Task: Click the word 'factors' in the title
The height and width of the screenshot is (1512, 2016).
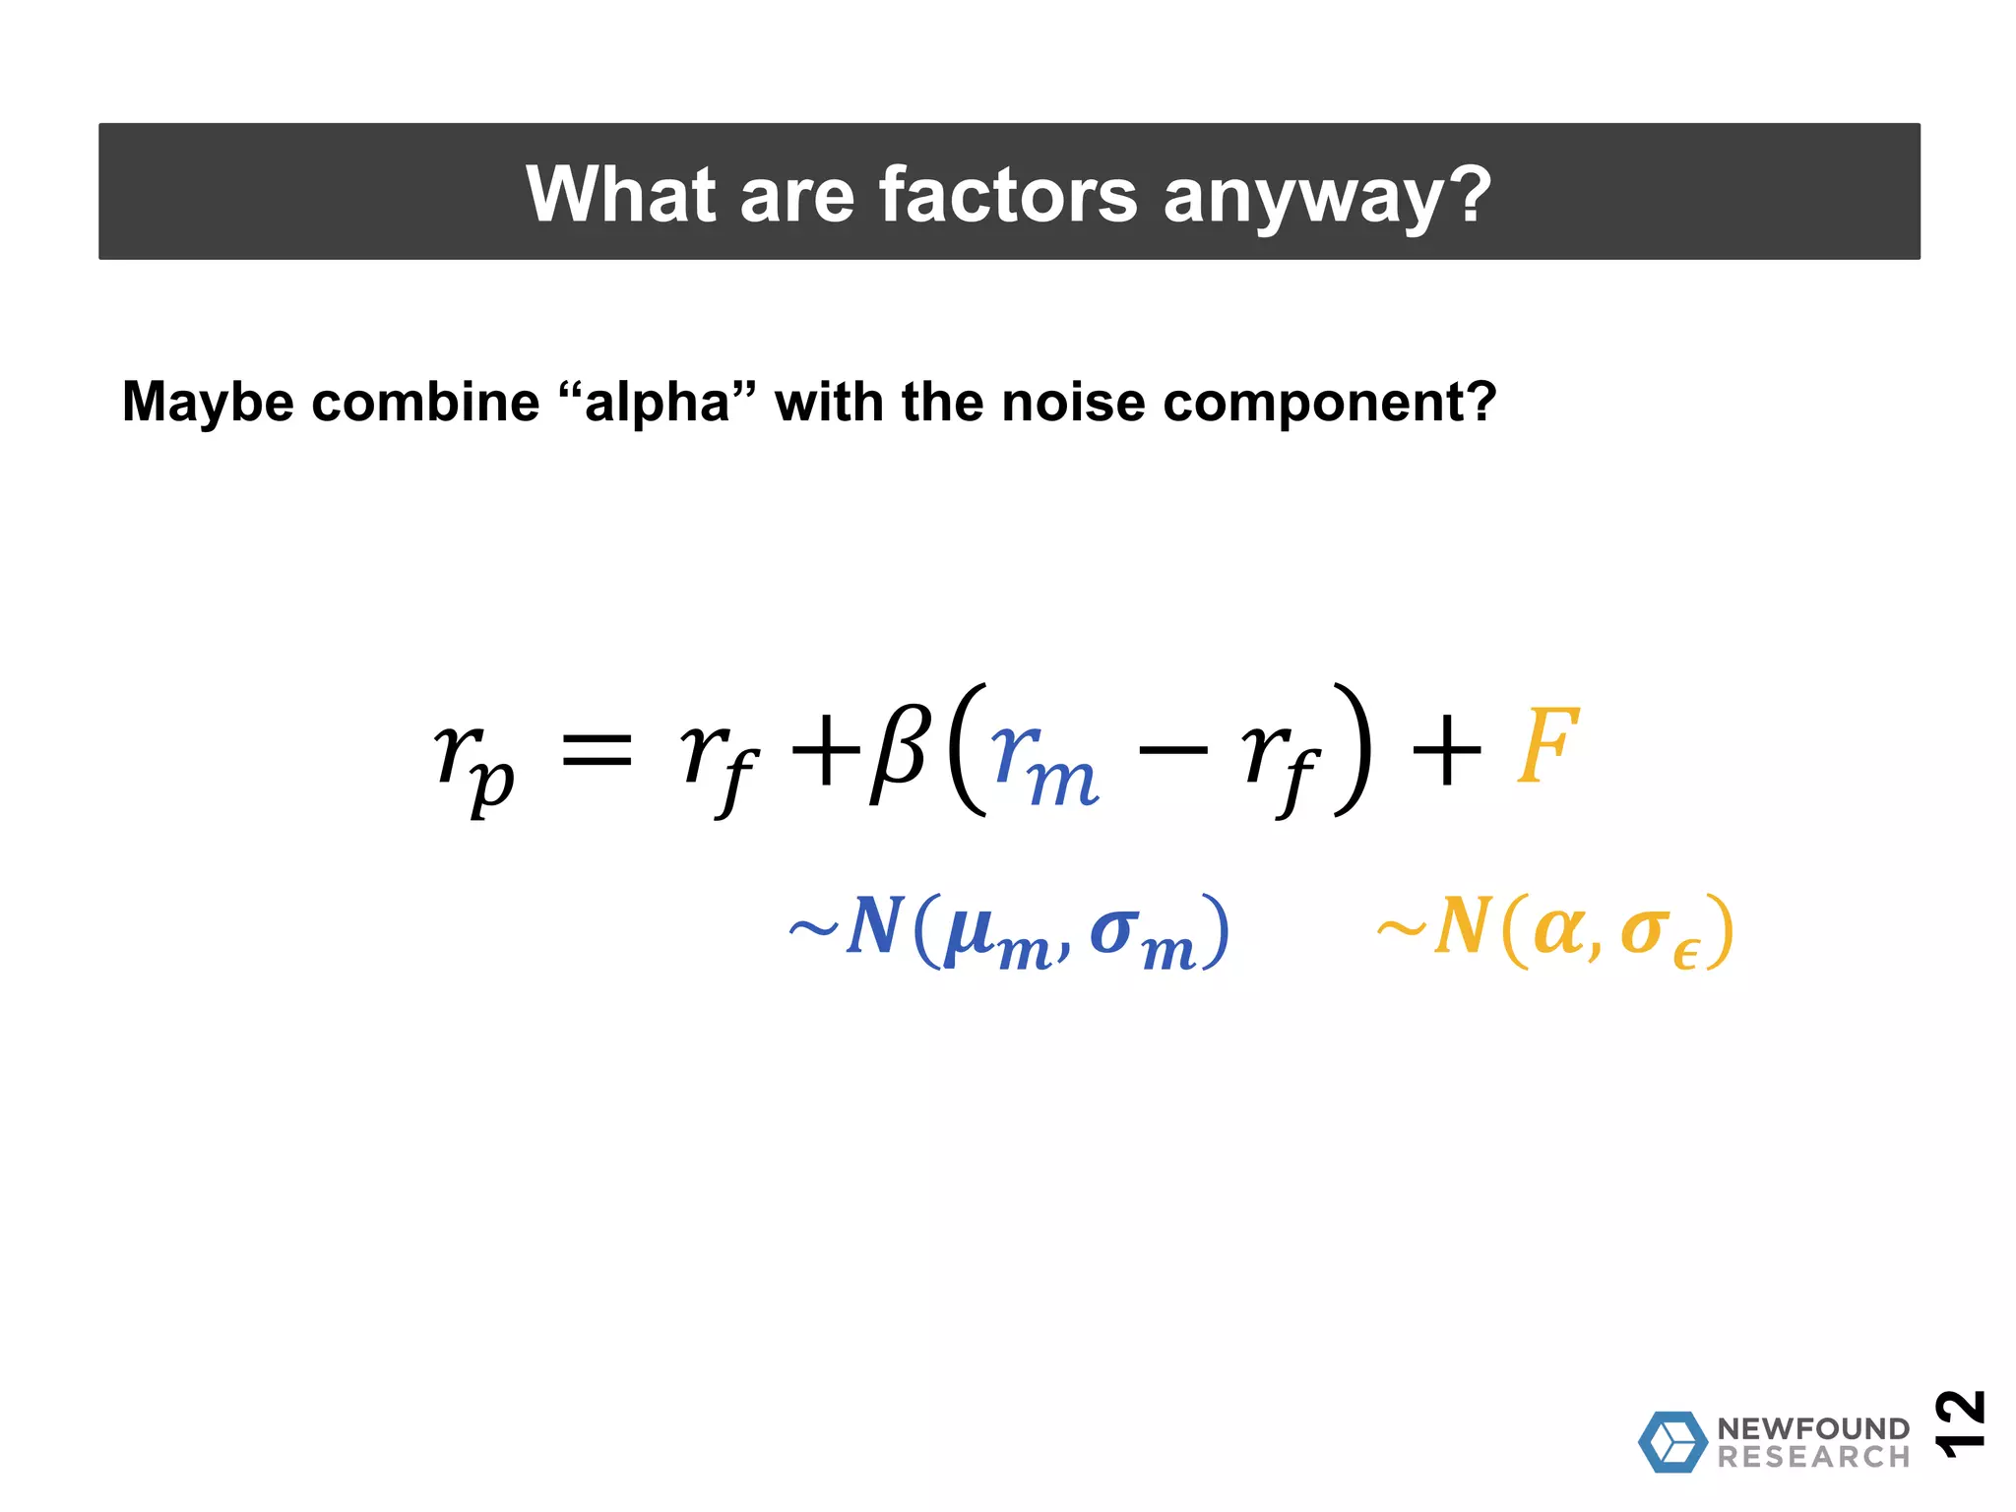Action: (1008, 194)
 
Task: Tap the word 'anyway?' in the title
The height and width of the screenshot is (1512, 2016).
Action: (1327, 196)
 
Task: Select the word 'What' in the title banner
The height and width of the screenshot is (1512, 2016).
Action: (620, 194)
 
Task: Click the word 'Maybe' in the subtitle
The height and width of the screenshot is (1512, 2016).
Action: (207, 403)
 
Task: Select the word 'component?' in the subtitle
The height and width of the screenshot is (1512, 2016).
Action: (1329, 405)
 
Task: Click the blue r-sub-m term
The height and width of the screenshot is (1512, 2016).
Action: (1043, 764)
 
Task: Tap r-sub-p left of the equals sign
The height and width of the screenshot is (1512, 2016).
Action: (474, 764)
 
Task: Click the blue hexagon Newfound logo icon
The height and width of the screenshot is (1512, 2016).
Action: (1671, 1442)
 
